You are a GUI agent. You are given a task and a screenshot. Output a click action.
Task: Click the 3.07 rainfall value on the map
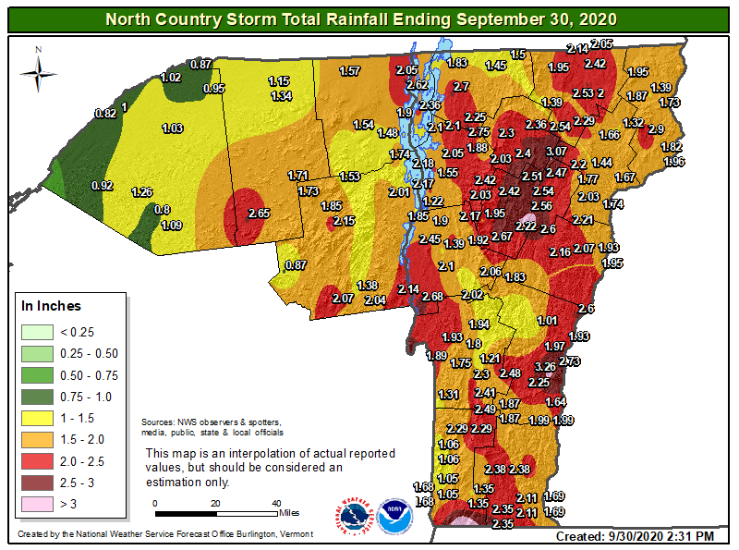[556, 151]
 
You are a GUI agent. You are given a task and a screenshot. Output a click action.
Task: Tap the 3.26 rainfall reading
[546, 367]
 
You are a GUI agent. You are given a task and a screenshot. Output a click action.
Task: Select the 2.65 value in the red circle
[259, 214]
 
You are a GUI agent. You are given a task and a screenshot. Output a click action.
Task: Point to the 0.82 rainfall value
[106, 114]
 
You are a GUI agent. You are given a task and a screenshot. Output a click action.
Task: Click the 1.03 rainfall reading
[173, 128]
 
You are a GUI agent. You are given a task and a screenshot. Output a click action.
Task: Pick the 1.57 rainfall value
[350, 71]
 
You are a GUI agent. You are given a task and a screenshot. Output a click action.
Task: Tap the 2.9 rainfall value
[657, 128]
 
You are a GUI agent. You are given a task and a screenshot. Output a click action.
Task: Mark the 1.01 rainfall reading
[548, 321]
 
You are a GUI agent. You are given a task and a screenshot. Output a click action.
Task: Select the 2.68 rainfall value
[433, 296]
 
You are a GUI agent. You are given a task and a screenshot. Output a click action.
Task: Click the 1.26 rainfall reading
[141, 192]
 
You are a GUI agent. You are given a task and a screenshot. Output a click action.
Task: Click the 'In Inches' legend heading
[52, 306]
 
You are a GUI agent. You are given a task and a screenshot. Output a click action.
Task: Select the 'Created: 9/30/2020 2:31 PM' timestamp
[634, 536]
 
